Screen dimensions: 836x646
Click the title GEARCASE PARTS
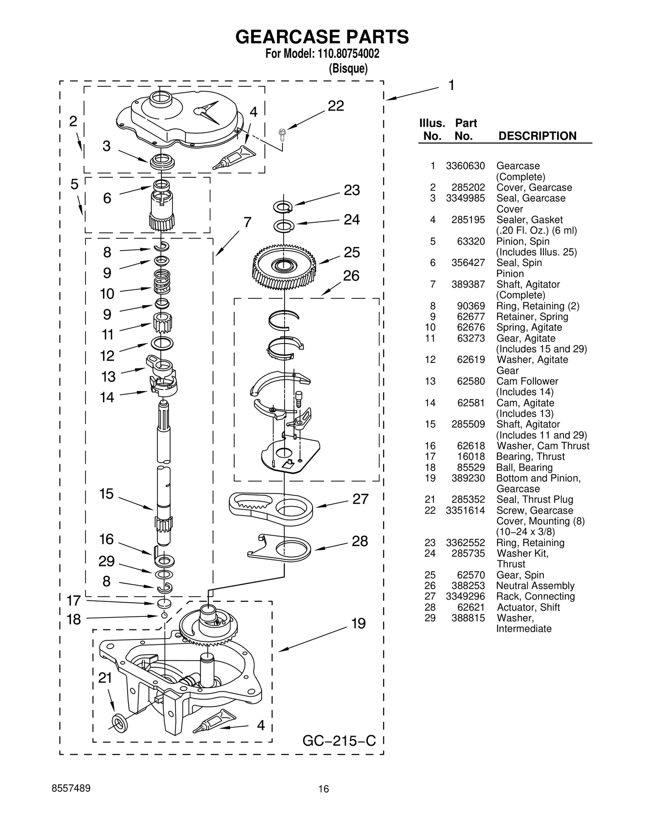[x=322, y=37]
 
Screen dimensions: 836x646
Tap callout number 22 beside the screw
[x=336, y=106]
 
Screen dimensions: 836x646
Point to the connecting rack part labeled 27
[x=271, y=509]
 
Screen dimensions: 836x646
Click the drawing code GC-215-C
[x=339, y=741]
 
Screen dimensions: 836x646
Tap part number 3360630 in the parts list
[x=465, y=166]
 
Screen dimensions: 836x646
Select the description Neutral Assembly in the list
[x=535, y=586]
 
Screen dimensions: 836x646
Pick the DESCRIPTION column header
[x=537, y=136]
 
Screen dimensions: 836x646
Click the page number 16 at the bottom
[x=323, y=800]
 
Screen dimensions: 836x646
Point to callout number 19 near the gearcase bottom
[x=358, y=623]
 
